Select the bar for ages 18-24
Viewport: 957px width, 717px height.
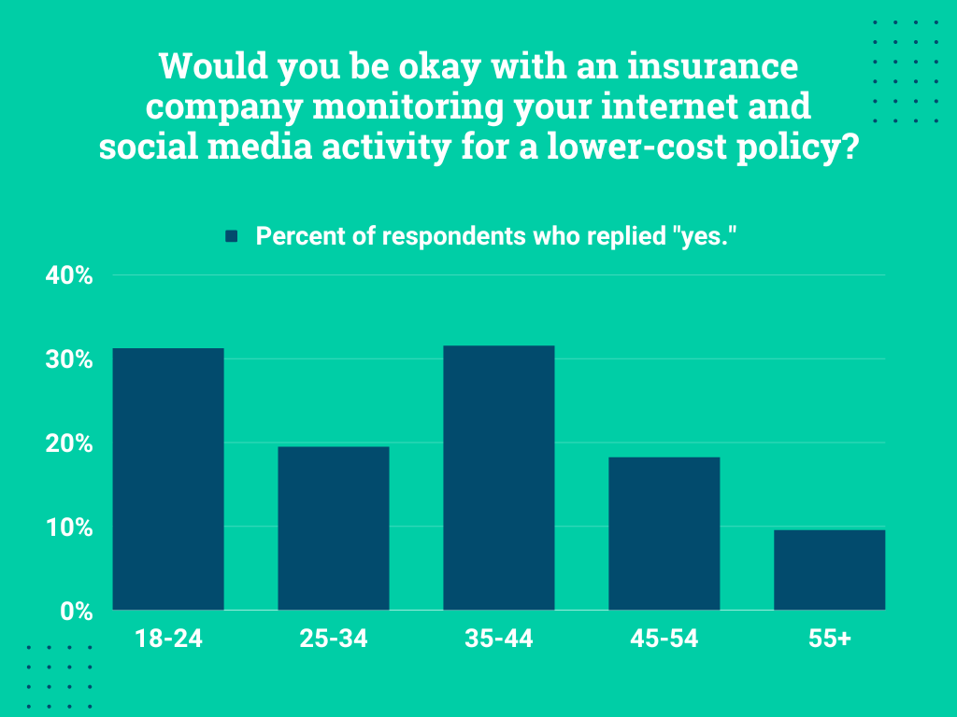click(x=168, y=479)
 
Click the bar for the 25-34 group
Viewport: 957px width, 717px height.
click(x=334, y=528)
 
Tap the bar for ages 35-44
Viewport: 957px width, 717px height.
click(x=499, y=478)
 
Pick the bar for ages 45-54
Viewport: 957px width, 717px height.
click(x=664, y=533)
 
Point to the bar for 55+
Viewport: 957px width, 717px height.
click(x=830, y=569)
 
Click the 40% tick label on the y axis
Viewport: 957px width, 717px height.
click(x=69, y=276)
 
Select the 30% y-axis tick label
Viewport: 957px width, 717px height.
click(x=69, y=360)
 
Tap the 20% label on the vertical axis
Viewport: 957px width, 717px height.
click(x=69, y=444)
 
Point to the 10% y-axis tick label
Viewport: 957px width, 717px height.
click(x=69, y=528)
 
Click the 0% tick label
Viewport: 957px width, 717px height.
click(x=75, y=612)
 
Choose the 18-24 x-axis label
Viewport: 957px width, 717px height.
click(x=168, y=640)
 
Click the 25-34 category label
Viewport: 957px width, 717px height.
click(x=334, y=640)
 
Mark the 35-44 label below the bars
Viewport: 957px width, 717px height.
click(x=499, y=640)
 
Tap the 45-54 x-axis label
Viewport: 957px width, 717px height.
click(x=664, y=640)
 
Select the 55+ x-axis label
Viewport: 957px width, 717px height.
click(x=830, y=640)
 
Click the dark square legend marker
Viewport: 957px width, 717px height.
click(x=233, y=236)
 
